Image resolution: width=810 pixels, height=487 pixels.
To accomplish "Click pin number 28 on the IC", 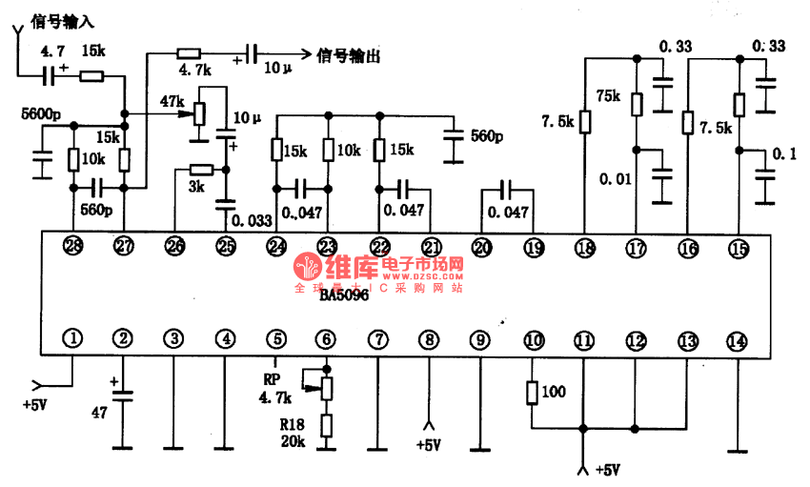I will point(72,248).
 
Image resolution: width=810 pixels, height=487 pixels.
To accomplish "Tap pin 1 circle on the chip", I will point(72,337).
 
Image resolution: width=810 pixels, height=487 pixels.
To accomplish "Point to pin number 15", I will point(738,248).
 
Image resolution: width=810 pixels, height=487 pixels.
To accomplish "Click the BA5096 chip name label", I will point(343,296).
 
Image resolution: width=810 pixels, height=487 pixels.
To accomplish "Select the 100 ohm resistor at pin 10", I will point(554,392).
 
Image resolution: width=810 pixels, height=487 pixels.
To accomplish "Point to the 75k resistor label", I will point(607,96).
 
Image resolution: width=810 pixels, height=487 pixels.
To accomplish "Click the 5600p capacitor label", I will point(41,115).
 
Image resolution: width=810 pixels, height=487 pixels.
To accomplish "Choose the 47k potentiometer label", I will point(172,101).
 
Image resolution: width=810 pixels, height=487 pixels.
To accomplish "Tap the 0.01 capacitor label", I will point(615,178).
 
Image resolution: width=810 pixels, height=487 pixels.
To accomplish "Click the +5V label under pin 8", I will point(430,445).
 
